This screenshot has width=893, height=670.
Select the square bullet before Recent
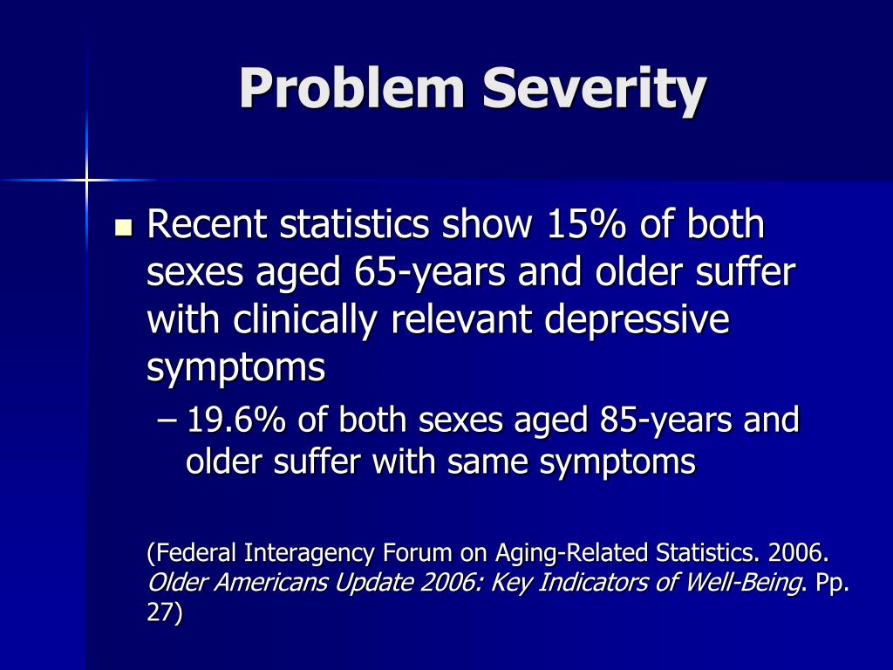(x=122, y=229)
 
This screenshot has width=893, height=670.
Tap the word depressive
(x=637, y=320)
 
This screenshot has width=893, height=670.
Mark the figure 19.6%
(x=237, y=420)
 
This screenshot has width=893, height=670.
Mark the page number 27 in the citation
(x=161, y=614)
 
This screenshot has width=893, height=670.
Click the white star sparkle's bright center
(x=86, y=180)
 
